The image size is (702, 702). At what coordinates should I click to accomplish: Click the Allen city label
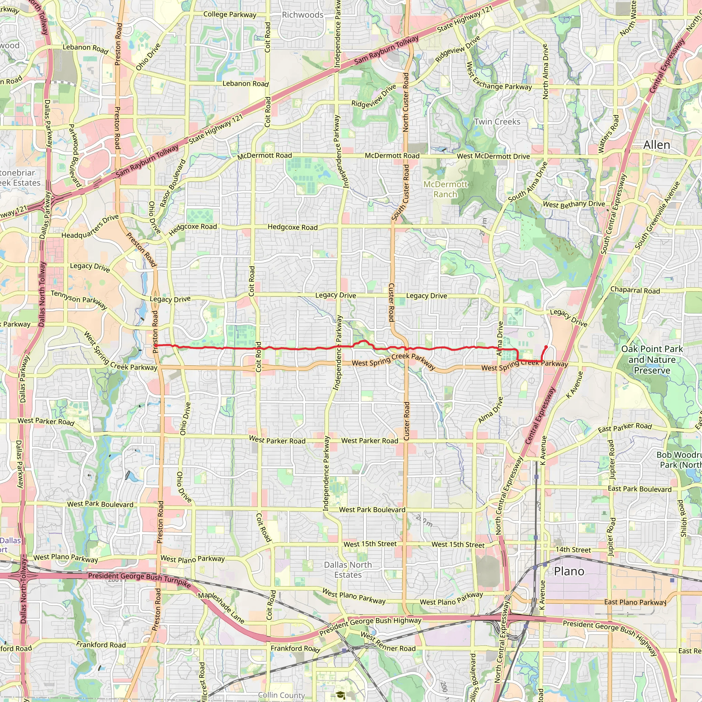click(656, 145)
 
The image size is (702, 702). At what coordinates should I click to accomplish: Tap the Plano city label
click(569, 571)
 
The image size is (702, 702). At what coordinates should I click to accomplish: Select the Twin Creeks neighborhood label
click(497, 122)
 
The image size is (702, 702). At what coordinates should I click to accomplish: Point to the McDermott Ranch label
click(445, 189)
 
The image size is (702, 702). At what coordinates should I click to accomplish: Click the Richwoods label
click(303, 15)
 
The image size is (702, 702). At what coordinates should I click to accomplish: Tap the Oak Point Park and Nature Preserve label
click(652, 359)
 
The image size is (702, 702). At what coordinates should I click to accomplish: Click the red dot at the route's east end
click(546, 347)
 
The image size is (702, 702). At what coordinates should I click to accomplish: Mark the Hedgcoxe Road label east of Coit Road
click(292, 227)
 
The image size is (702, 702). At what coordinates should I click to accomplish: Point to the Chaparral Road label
click(635, 290)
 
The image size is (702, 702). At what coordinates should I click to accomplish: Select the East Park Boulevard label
click(640, 489)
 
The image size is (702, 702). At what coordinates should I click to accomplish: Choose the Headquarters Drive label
click(90, 226)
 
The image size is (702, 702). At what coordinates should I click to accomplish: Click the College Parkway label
click(230, 14)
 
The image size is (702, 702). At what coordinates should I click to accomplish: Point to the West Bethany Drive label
click(574, 204)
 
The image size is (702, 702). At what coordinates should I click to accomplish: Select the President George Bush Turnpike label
click(140, 579)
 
